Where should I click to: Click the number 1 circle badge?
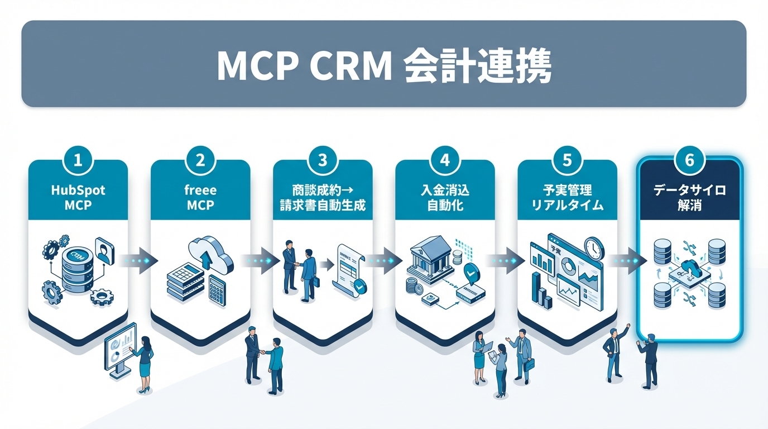point(78,160)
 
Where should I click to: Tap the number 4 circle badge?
point(444,160)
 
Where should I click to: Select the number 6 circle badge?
point(689,160)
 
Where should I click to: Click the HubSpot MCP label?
point(78,197)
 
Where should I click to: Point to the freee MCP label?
point(200,197)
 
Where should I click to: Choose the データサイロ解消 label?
point(689,197)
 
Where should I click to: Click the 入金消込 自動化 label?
point(444,197)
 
